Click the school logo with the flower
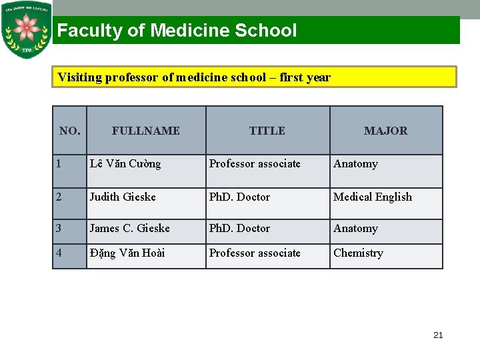coord(27,30)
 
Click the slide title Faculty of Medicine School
coord(177,31)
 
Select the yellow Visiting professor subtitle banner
coord(254,77)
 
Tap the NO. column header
coord(69,131)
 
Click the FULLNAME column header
coord(145,131)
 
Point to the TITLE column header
coord(267,131)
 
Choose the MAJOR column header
coord(385,131)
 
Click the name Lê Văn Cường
coord(125,164)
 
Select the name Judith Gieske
coord(123,197)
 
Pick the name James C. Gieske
coord(129,229)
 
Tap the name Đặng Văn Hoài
coord(127,253)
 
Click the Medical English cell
coord(373,197)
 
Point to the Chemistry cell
coord(358,253)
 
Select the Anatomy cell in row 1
coord(355,164)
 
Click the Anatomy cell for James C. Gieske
coord(355,229)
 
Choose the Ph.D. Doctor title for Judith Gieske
coord(239,197)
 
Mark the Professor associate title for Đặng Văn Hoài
coord(255,253)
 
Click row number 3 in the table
coord(59,229)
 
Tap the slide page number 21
coord(438,335)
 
